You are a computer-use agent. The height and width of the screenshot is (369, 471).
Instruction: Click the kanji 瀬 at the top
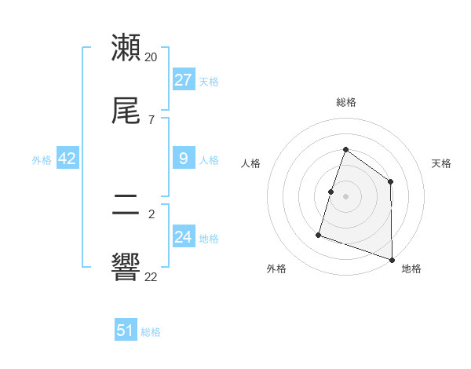(126, 49)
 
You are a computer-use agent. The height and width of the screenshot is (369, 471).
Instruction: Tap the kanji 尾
(126, 111)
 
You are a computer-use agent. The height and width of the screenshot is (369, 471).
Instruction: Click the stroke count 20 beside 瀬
(152, 57)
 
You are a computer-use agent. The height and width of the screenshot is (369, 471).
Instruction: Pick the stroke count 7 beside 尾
(152, 119)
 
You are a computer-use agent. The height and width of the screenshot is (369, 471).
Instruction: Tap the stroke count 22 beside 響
(152, 276)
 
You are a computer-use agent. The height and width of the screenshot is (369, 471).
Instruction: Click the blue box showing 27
(183, 79)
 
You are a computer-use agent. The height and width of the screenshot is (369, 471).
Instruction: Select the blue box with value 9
(183, 159)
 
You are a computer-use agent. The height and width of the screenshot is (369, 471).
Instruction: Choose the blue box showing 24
(183, 237)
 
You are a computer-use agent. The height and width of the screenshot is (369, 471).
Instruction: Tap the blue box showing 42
(68, 159)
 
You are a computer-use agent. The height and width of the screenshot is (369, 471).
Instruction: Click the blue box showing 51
(126, 331)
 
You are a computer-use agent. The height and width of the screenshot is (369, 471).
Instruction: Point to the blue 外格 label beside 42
(42, 160)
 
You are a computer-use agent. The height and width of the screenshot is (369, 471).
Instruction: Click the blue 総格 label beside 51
(151, 332)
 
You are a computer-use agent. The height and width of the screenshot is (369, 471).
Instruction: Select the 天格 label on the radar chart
(441, 163)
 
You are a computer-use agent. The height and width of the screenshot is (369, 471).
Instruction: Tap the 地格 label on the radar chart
(411, 269)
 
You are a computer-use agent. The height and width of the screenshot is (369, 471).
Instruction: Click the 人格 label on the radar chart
(251, 163)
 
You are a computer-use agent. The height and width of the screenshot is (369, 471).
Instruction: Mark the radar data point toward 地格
(392, 259)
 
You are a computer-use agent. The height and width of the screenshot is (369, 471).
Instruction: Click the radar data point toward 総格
(345, 149)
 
